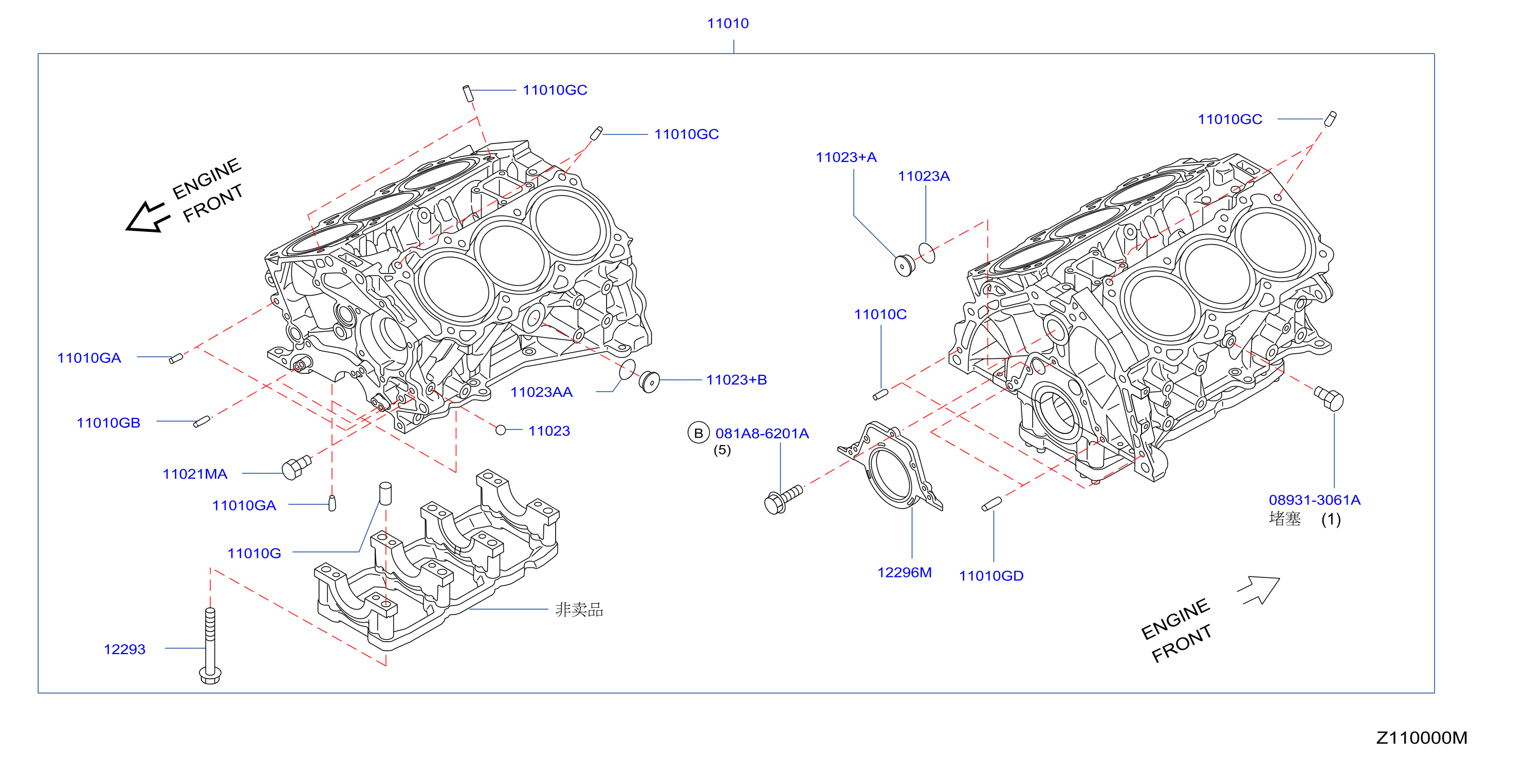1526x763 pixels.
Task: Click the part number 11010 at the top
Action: click(727, 24)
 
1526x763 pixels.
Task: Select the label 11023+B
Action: click(737, 380)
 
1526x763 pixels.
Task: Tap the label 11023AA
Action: click(541, 392)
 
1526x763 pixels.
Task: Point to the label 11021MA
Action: click(195, 474)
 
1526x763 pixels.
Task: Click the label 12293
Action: click(124, 649)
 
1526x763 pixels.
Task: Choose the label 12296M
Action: click(904, 572)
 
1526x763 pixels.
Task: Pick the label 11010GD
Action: click(991, 576)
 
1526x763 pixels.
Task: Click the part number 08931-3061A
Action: click(1315, 500)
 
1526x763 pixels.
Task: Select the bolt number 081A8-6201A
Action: click(762, 433)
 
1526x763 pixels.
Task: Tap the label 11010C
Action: click(880, 314)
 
